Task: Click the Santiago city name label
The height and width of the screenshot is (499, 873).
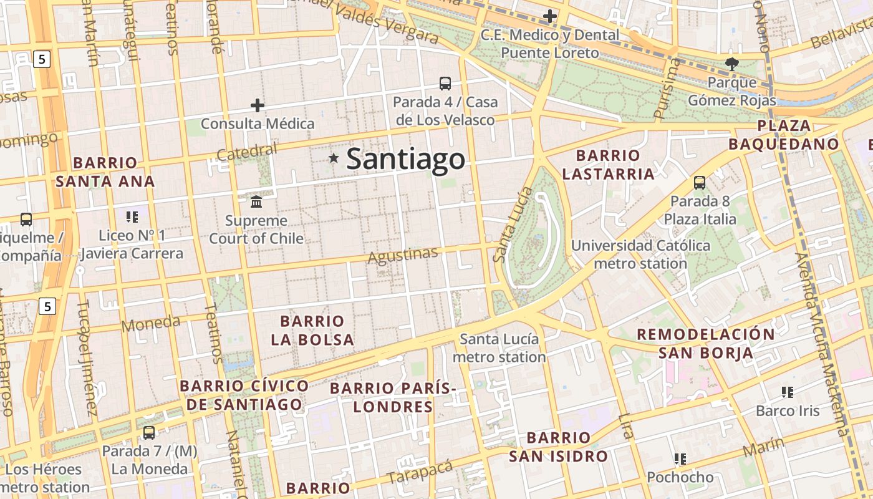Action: pos(405,159)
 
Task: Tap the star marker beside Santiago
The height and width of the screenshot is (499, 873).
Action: pos(334,158)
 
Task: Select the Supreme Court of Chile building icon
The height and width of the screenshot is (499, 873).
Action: pos(256,201)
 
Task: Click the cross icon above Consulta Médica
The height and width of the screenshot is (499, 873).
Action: pos(257,105)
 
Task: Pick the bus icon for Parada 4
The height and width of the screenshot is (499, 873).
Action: pos(445,83)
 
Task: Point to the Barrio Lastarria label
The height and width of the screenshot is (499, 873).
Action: pos(608,165)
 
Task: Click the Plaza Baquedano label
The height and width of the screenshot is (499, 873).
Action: pos(784,135)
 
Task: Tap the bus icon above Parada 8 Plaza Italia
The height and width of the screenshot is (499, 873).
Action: pos(700,183)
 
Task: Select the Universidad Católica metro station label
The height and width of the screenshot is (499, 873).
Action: pos(640,254)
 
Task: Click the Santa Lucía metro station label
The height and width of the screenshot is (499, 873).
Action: pos(499,348)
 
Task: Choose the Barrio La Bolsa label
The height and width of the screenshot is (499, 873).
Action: pos(312,331)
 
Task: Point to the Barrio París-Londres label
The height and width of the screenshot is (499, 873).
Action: pos(393,398)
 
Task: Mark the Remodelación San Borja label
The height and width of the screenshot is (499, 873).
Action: pos(705,344)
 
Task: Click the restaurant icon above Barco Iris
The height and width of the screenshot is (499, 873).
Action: pos(787,392)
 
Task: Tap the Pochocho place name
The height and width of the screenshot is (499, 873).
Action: pos(680,477)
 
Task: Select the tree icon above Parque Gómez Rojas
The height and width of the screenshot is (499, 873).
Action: pos(731,63)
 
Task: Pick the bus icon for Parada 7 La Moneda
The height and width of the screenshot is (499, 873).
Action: pos(149,432)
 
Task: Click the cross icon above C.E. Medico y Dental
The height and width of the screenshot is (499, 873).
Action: pos(549,16)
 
